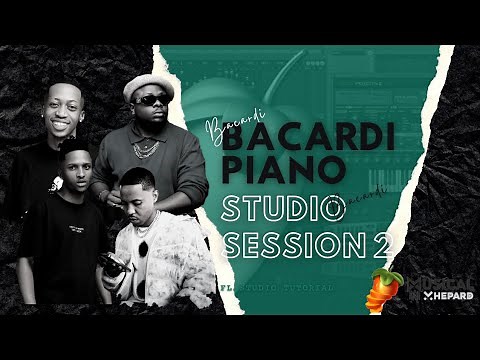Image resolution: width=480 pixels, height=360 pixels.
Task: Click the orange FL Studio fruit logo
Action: (386, 287)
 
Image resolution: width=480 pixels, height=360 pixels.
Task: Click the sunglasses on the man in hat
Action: (150, 100)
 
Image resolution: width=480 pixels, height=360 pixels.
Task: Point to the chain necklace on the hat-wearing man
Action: (146, 147)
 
